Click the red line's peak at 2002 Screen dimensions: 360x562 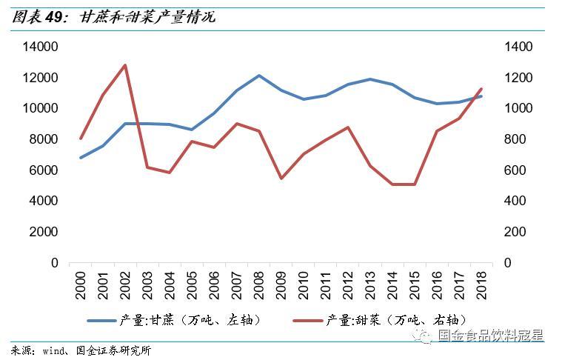pyautogui.click(x=124, y=65)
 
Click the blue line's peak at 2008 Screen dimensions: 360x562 pyautogui.click(x=258, y=76)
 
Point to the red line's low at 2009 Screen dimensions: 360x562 pyautogui.click(x=281, y=179)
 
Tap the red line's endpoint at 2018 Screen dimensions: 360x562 pyautogui.click(x=481, y=89)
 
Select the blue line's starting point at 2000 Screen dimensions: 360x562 pyautogui.click(x=80, y=158)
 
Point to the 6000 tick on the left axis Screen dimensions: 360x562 pyautogui.click(x=43, y=170)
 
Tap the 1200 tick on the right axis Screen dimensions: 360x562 pyautogui.click(x=518, y=78)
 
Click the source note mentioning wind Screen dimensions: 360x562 pyautogui.click(x=81, y=350)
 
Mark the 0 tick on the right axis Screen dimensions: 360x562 pyautogui.click(x=508, y=263)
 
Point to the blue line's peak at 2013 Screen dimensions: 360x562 pyautogui.click(x=369, y=79)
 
